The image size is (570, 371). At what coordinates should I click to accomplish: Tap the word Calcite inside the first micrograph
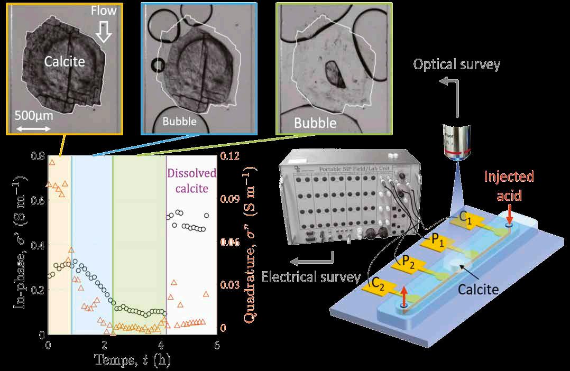click(x=65, y=62)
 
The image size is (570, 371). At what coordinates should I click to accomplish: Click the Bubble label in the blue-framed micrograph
click(x=180, y=122)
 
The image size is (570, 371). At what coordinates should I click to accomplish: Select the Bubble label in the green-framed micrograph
click(x=315, y=123)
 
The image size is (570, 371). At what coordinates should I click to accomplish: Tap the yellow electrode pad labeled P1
click(x=434, y=243)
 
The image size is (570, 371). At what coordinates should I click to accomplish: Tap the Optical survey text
click(x=456, y=64)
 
